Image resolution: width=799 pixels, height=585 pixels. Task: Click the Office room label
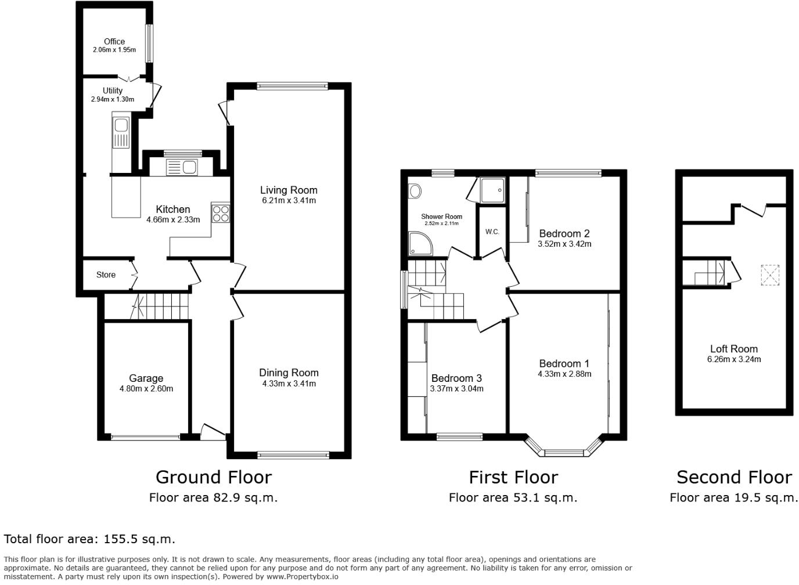[x=114, y=41]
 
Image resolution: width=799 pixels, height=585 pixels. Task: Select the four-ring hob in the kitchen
[x=221, y=214]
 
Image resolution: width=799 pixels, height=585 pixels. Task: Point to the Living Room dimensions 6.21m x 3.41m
[x=289, y=201]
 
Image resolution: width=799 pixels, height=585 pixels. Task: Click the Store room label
[x=106, y=275]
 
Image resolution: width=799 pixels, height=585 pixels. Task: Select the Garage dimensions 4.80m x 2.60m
[x=146, y=389]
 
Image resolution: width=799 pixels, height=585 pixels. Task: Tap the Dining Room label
[x=289, y=373]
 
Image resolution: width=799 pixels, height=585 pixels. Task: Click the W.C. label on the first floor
[x=492, y=232]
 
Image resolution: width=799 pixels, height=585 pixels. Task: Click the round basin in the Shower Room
[x=415, y=191]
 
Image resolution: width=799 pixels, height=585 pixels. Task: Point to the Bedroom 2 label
[x=564, y=233]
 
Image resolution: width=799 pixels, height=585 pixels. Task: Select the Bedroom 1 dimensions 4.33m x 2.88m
[x=564, y=374]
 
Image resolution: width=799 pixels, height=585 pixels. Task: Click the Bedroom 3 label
[x=456, y=378]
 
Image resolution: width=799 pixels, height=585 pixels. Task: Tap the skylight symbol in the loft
[x=770, y=275]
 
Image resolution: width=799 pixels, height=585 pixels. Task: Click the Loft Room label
[x=734, y=349]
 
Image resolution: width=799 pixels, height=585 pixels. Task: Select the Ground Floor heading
[x=213, y=477]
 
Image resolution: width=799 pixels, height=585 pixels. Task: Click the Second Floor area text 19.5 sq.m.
[x=764, y=497]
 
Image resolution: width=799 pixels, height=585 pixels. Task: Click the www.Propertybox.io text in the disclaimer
[x=302, y=577]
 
